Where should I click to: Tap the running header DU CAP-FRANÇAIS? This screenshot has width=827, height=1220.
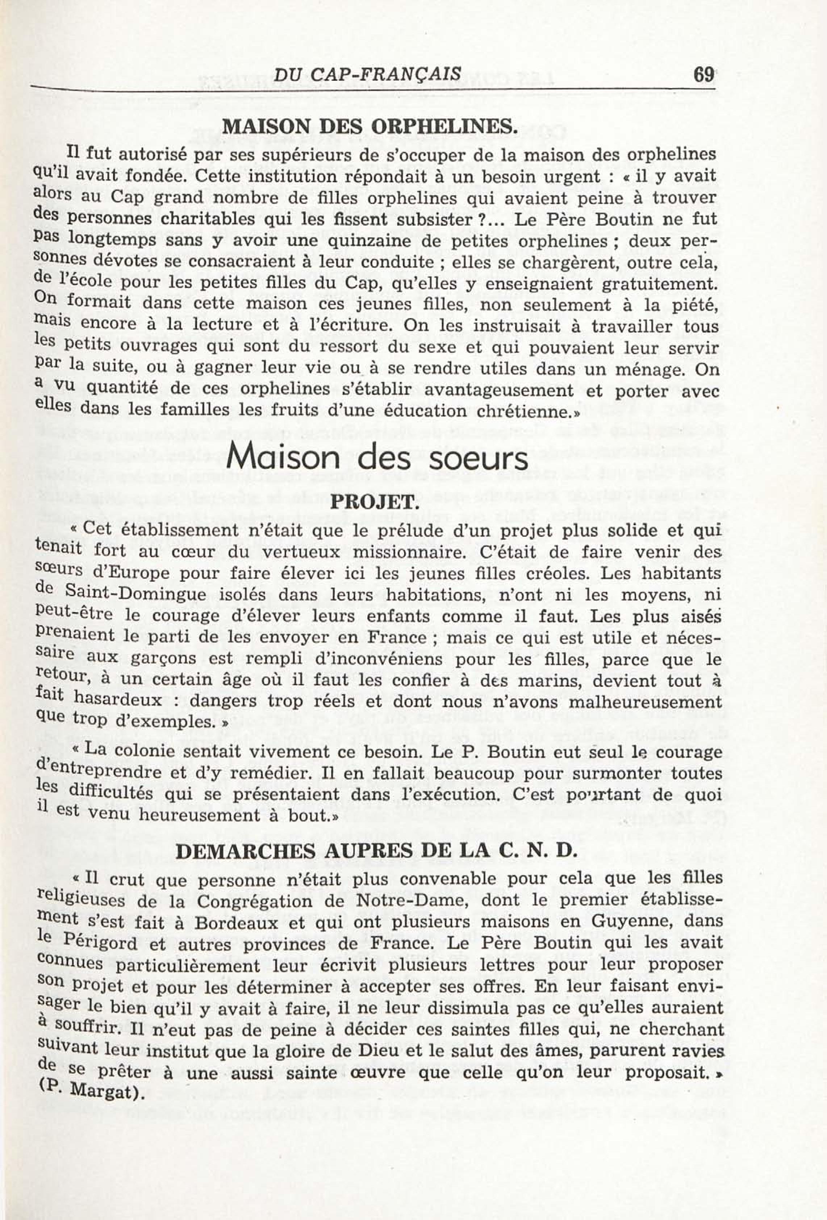pos(368,74)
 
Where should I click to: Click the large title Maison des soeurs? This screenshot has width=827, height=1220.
pos(377,458)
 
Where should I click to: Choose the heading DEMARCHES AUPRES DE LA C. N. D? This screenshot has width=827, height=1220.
pos(376,852)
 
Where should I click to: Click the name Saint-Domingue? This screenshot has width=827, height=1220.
pos(139,595)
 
